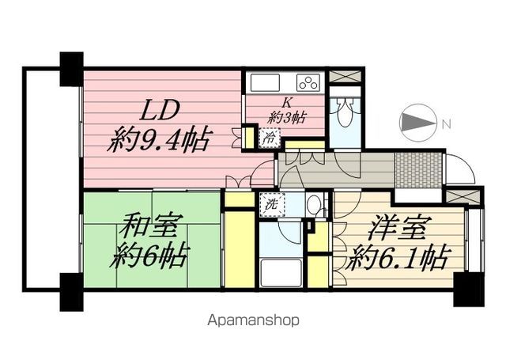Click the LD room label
160,110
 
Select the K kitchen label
286,103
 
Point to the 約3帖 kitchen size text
286,118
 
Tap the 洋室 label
401,226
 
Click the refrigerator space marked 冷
270,138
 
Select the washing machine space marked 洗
272,205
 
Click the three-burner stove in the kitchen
309,82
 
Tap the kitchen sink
265,82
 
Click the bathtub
281,272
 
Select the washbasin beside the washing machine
313,203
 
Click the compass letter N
446,123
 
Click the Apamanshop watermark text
253,320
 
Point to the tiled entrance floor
418,170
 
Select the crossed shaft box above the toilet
345,77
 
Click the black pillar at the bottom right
469,290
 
